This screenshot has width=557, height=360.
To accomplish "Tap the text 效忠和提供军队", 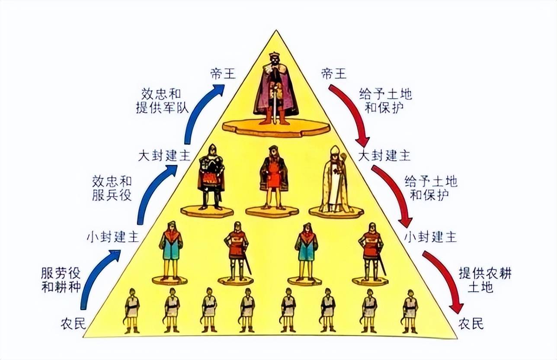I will click(x=161, y=101).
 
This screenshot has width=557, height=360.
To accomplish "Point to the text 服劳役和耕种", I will click(x=61, y=280).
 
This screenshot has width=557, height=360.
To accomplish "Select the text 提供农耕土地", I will click(x=480, y=280).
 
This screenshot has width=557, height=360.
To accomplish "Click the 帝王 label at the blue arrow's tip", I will click(x=223, y=74).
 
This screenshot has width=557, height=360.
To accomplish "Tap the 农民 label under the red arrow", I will click(x=471, y=324).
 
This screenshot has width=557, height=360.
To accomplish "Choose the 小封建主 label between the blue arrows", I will click(x=112, y=237).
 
